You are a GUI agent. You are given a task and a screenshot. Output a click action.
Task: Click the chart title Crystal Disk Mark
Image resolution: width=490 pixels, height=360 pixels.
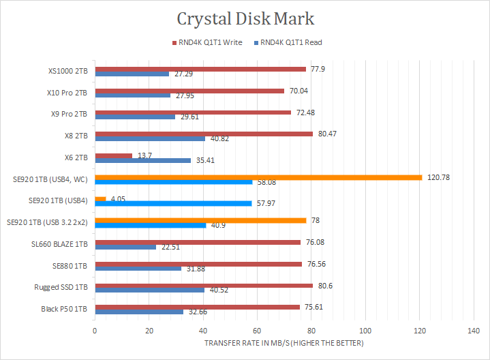coord(245,18)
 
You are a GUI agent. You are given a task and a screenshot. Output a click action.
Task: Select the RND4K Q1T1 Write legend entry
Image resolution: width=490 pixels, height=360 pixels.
coord(209,42)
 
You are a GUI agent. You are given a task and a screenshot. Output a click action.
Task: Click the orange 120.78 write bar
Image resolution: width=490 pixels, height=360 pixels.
coord(258,177)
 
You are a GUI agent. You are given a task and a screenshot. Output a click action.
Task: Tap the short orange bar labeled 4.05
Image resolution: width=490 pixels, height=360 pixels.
coord(100,199)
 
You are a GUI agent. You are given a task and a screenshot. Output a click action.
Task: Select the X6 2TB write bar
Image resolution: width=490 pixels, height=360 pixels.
coord(113,156)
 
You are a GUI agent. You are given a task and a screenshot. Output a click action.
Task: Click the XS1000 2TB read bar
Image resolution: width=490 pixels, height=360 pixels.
coord(132,73)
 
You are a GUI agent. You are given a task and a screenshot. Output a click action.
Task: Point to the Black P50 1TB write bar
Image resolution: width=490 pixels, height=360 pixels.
coord(197,307)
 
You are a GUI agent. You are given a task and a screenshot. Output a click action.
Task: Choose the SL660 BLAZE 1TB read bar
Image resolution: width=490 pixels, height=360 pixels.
coord(125,247)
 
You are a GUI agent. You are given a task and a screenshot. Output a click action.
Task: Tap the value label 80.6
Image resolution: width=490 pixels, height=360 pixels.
coord(324,285)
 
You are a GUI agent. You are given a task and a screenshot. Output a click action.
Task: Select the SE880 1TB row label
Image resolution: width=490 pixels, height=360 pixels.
coord(70,265)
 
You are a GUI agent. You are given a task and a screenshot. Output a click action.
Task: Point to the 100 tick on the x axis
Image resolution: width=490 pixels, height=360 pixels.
coord(365,331)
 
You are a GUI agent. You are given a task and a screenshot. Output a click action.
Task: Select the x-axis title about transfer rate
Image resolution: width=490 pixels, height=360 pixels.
coord(284,342)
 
